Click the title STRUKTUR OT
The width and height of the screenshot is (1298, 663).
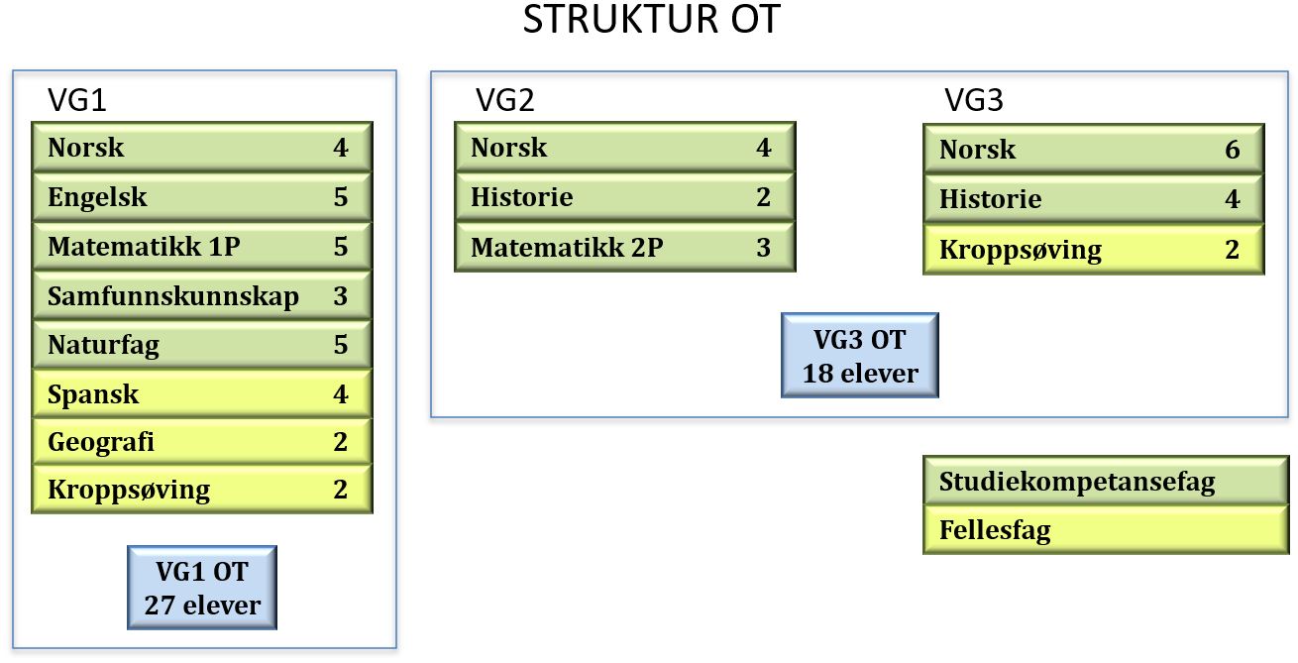click(x=651, y=22)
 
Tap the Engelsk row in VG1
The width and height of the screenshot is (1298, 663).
click(x=202, y=197)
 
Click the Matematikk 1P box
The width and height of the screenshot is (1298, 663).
click(x=202, y=246)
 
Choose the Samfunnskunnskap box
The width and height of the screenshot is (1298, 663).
click(x=202, y=295)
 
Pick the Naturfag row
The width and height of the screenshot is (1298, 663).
click(x=202, y=345)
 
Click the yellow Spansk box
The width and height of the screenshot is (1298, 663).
click(x=202, y=394)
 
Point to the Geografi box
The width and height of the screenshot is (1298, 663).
click(x=202, y=441)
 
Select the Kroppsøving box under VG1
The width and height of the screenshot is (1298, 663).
click(x=202, y=489)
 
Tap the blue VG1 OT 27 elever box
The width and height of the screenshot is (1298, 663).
click(x=202, y=588)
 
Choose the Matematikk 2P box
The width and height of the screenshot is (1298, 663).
click(x=624, y=247)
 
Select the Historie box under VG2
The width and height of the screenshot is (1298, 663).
click(x=624, y=197)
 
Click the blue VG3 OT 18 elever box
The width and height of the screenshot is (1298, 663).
click(x=859, y=356)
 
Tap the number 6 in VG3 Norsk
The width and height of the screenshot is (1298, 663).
click(x=1232, y=150)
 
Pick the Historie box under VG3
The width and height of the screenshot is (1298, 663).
click(x=1093, y=199)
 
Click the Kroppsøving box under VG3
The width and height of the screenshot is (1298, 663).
click(x=1093, y=249)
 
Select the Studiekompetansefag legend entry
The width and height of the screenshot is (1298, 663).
click(x=1093, y=483)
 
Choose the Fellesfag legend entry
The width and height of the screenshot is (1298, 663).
click(x=1093, y=530)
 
